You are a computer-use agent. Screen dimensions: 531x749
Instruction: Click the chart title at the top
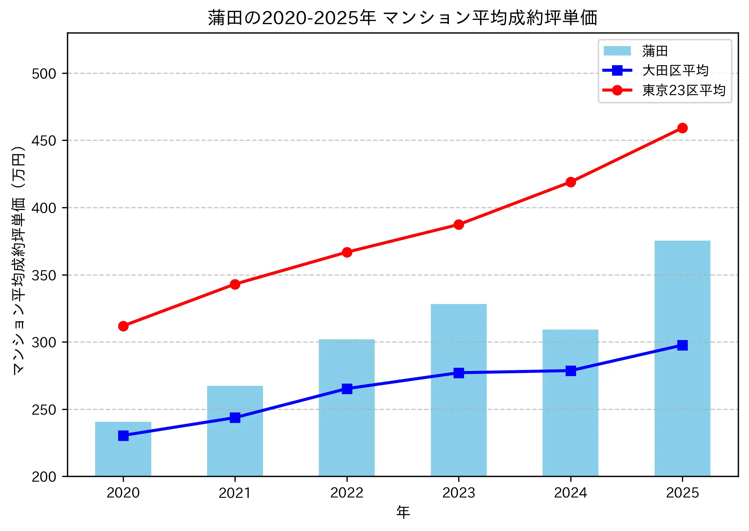(402, 18)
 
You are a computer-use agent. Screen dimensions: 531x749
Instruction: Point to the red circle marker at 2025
(682, 128)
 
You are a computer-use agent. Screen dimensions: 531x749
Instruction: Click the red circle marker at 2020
(123, 326)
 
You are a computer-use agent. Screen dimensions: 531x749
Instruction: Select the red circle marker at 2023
(459, 225)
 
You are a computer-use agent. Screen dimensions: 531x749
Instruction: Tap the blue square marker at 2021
(235, 418)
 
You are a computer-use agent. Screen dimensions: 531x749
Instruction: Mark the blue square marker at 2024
(570, 371)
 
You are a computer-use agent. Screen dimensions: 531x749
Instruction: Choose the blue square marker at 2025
(682, 345)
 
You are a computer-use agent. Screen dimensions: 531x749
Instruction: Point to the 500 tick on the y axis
(44, 73)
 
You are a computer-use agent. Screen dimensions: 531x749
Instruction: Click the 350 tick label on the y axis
(44, 275)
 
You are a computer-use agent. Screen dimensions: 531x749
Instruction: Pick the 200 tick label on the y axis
(44, 477)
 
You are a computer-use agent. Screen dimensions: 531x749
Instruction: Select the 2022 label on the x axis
(347, 493)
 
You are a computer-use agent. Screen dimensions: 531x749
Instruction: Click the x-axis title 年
(403, 512)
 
